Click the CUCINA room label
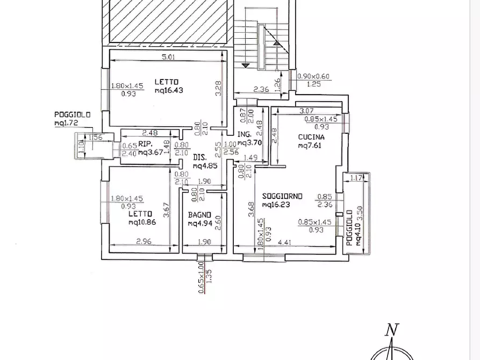tap(311, 137)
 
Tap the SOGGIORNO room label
tap(283, 196)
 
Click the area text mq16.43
tap(169, 90)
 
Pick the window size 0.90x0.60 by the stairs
tap(314, 77)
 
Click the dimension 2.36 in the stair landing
tap(261, 89)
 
